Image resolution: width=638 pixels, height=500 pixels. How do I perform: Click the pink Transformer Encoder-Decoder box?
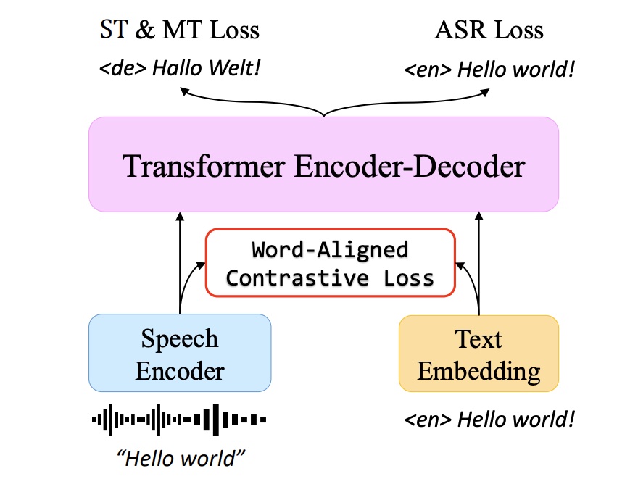pyautogui.click(x=323, y=164)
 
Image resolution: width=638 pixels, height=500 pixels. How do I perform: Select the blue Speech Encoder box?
pyautogui.click(x=180, y=353)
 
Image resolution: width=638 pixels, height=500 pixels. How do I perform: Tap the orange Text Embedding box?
pyautogui.click(x=478, y=354)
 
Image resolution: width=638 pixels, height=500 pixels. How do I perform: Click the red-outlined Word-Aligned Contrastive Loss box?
pyautogui.click(x=331, y=263)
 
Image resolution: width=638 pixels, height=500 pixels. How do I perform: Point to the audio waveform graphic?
pyautogui.click(x=179, y=419)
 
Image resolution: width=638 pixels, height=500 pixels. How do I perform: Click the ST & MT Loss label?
pyautogui.click(x=178, y=30)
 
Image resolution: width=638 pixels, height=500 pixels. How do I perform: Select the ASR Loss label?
pyautogui.click(x=489, y=30)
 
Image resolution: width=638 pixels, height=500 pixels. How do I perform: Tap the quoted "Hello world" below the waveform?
pyautogui.click(x=181, y=459)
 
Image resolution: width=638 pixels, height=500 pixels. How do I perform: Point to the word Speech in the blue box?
pyautogui.click(x=180, y=338)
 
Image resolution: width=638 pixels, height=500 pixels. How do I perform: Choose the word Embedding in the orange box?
pyautogui.click(x=478, y=371)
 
